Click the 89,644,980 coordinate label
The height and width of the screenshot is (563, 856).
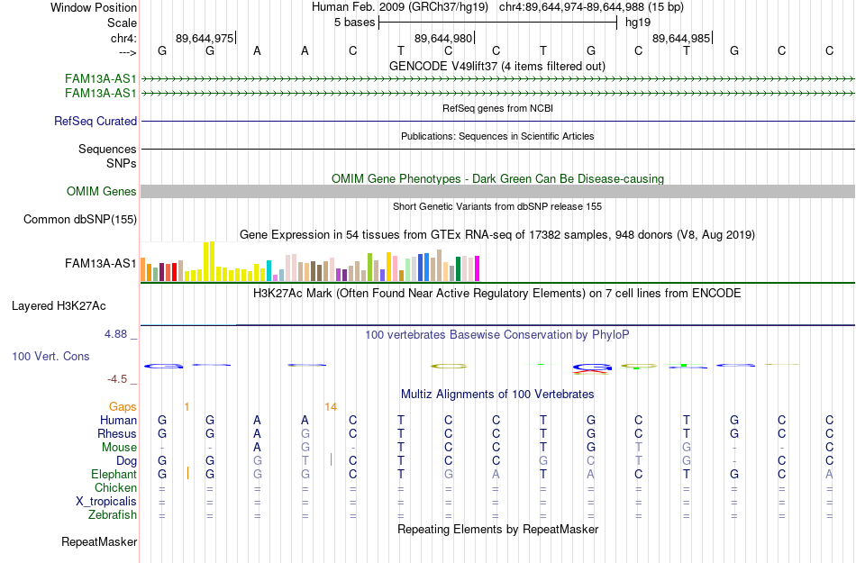[x=442, y=38]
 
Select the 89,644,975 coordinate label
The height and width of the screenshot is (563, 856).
[x=205, y=38]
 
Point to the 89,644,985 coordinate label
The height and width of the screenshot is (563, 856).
[x=681, y=38]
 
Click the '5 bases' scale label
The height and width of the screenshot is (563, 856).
[x=355, y=23]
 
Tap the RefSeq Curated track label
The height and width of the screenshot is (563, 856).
[x=96, y=121]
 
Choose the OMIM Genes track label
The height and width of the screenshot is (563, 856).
[x=102, y=192]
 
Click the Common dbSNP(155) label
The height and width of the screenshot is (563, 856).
[x=80, y=219]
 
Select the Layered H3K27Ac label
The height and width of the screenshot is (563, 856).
[x=59, y=306]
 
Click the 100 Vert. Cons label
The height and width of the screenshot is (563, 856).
[x=50, y=356]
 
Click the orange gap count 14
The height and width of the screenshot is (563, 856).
[x=331, y=407]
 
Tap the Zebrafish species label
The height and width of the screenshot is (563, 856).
[x=113, y=515]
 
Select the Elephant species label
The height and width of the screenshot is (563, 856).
[x=114, y=474]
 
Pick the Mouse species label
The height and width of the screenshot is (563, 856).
[x=119, y=448]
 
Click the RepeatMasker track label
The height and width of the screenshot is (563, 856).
[x=99, y=541]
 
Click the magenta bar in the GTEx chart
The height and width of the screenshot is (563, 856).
[x=477, y=268]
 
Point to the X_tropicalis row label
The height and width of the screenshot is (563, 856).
[x=106, y=502]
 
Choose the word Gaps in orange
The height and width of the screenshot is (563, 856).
[x=123, y=407]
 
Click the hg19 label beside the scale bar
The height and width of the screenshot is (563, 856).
[x=638, y=23]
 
